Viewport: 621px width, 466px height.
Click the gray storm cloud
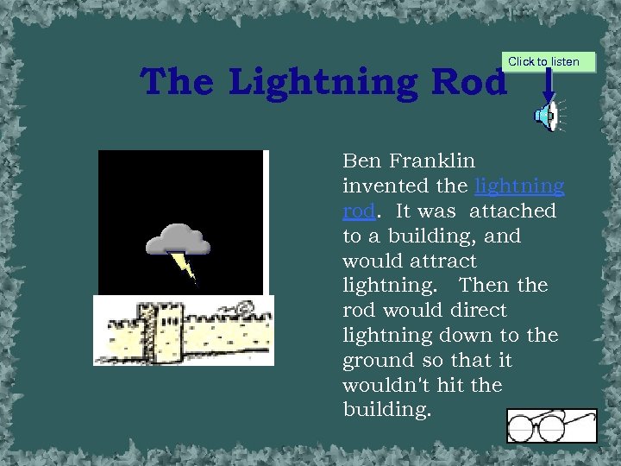tap(177, 239)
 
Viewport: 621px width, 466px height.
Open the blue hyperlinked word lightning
tap(519, 186)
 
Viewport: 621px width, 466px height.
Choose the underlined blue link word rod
tap(359, 211)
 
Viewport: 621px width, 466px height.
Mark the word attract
tap(444, 261)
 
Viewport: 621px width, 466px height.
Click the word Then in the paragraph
tap(484, 286)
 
